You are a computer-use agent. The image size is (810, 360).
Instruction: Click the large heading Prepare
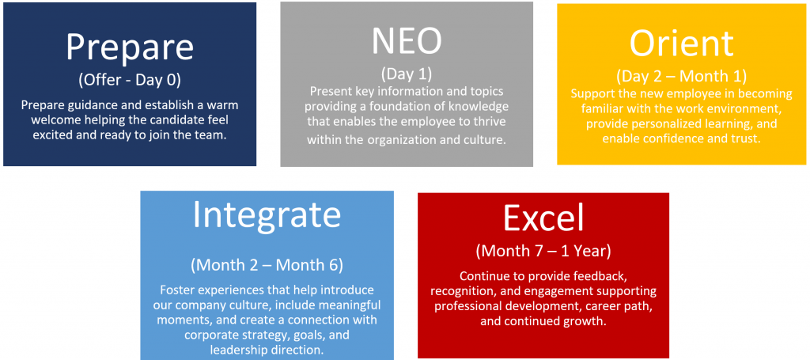[130, 47]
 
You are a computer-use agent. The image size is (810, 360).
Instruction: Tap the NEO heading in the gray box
[407, 40]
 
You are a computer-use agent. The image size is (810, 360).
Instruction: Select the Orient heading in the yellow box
[681, 44]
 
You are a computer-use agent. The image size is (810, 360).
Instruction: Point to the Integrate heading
[267, 215]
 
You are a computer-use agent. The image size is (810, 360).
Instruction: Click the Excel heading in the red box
[543, 218]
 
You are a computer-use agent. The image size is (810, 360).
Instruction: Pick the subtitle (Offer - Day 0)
[130, 80]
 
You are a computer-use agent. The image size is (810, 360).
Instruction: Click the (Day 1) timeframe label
[407, 74]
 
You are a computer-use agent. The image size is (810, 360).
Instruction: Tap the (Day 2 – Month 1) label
[681, 77]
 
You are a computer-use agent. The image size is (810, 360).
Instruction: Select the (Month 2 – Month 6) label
[267, 265]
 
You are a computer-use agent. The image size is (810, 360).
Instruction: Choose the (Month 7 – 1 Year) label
[543, 251]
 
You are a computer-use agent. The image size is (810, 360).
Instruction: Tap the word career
[598, 305]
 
